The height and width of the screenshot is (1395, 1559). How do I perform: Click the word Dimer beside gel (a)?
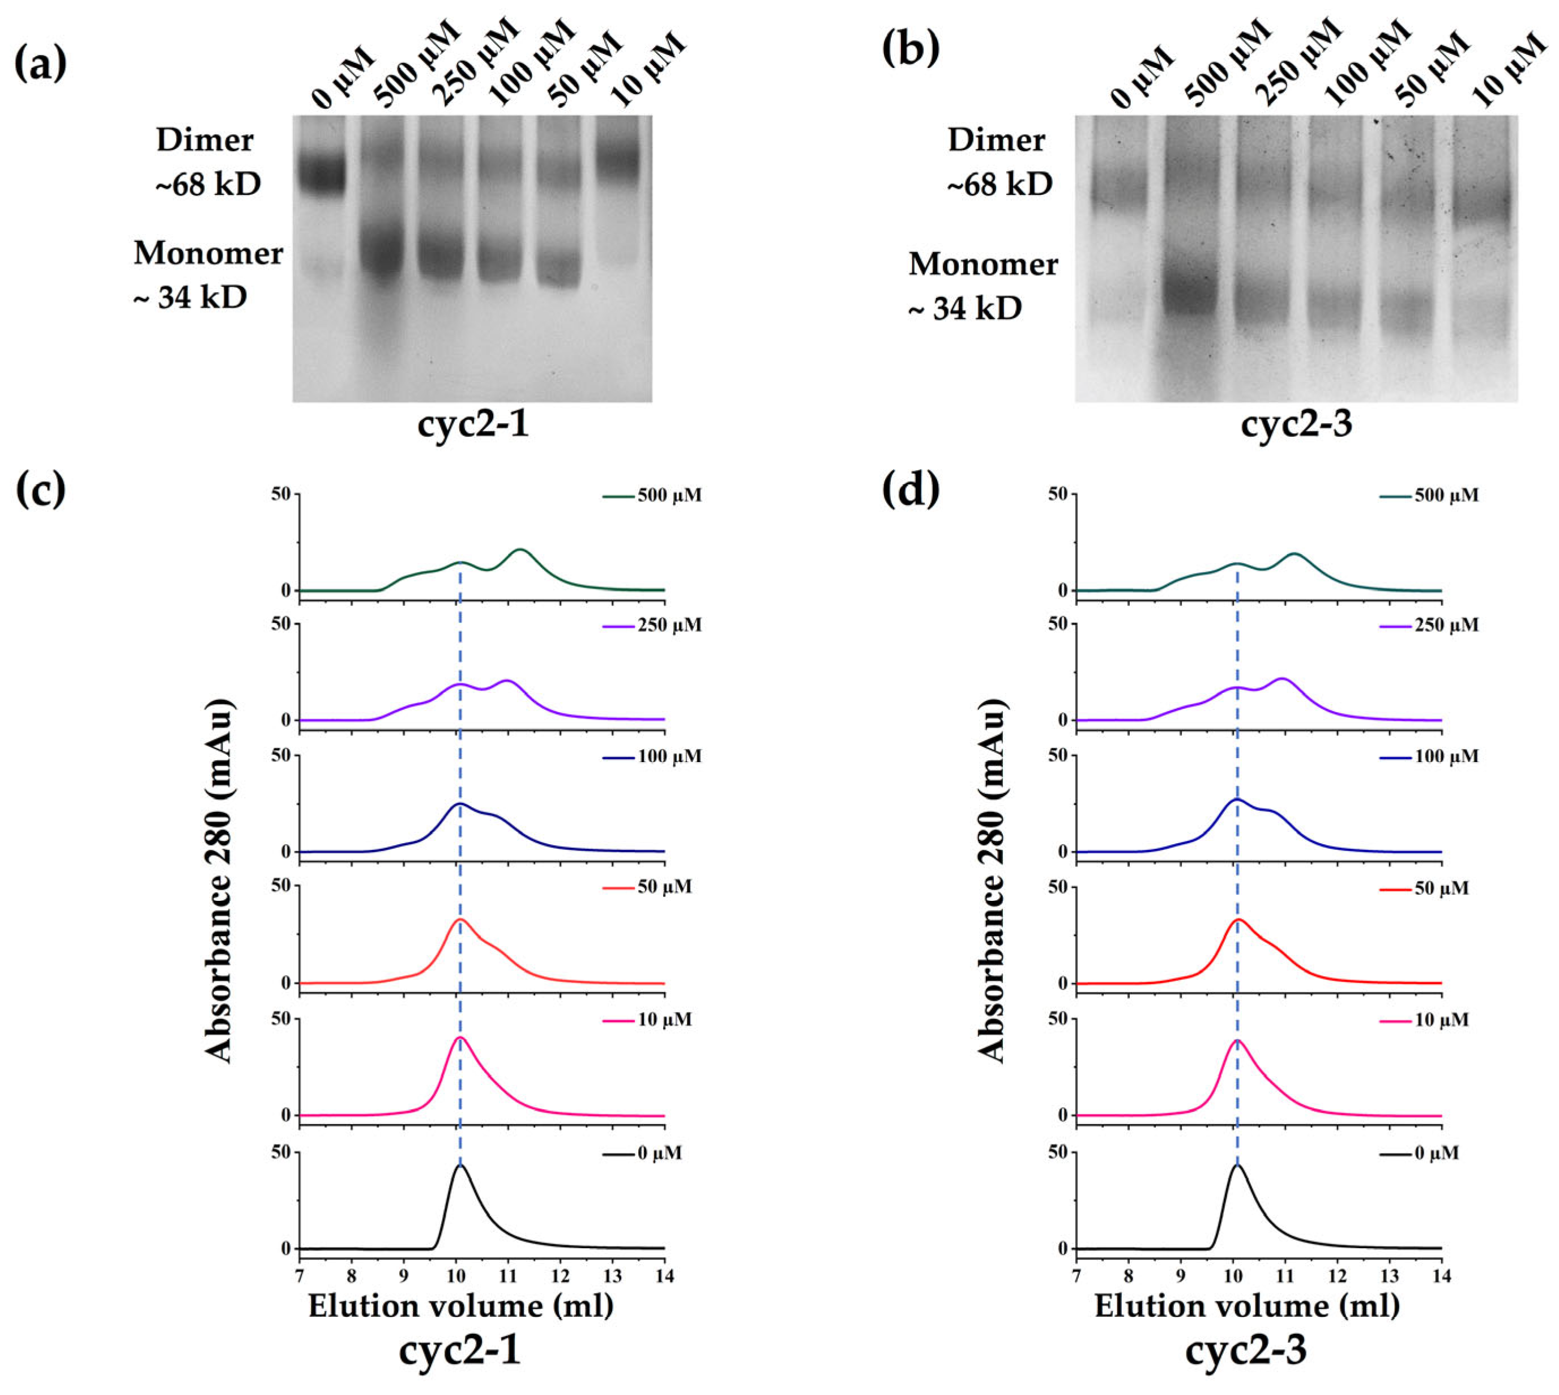[x=204, y=141]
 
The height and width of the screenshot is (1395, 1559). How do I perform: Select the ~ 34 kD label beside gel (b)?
[x=966, y=309]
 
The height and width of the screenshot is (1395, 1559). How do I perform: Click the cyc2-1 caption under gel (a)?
[x=473, y=424]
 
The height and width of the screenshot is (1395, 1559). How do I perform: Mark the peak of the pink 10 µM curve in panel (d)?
[x=1237, y=1040]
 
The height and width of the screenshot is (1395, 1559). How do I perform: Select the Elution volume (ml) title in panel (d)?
[x=1246, y=1306]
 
